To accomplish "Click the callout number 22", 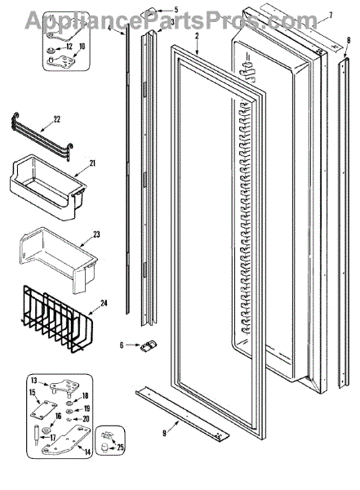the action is (x=56, y=119).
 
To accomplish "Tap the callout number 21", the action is (x=92, y=163).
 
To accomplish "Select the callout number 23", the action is (x=96, y=234).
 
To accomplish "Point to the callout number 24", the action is (x=104, y=303).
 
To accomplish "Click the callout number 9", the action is (x=164, y=433).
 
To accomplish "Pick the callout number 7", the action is (x=331, y=15).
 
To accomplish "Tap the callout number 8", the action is (x=349, y=40).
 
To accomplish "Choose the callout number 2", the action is (x=197, y=36).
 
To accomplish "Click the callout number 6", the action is (x=122, y=345).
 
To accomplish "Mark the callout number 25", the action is (x=120, y=448).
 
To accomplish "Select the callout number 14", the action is (x=87, y=452).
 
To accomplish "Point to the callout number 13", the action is (x=34, y=381).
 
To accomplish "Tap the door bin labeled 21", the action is (x=47, y=188).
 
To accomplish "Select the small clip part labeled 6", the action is (x=149, y=346).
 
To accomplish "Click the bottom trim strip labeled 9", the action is (x=182, y=412).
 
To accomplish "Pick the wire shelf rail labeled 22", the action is (x=42, y=137).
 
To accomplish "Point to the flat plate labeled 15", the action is (x=44, y=409).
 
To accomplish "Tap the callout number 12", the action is (x=69, y=47).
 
